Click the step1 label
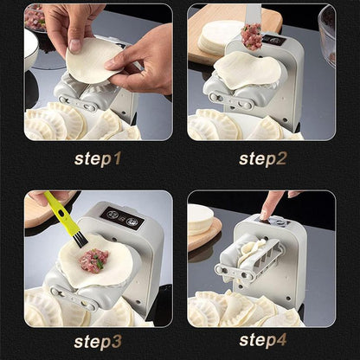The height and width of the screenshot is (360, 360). (x=98, y=158)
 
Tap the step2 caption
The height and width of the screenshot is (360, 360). (x=263, y=158)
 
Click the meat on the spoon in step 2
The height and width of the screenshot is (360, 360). (x=252, y=35)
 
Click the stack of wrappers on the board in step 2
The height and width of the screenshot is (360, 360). (x=216, y=37)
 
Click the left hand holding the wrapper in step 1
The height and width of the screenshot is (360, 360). (x=65, y=22)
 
